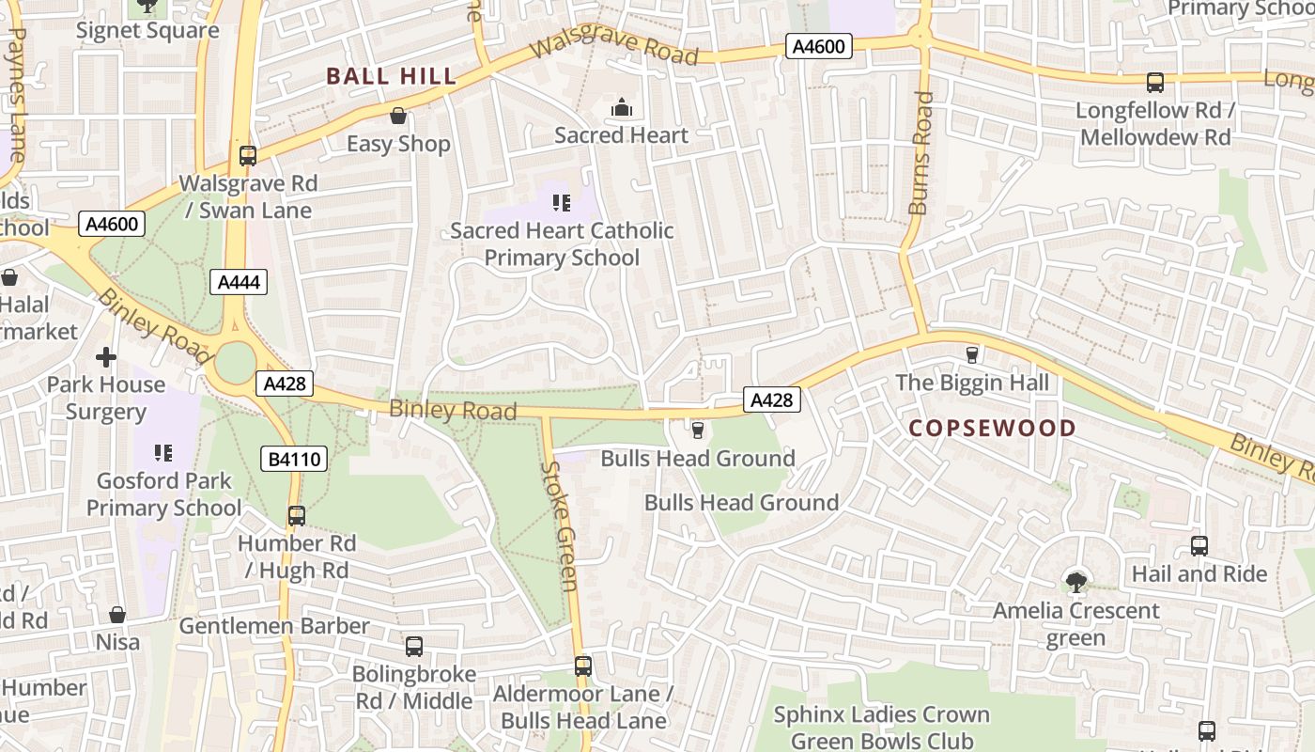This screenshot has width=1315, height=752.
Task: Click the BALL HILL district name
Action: click(x=391, y=76)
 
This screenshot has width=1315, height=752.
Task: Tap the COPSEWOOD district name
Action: click(x=992, y=429)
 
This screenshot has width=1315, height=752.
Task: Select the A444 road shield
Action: click(x=238, y=282)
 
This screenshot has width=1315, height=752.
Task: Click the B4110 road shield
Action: click(x=294, y=459)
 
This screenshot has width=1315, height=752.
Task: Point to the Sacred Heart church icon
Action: click(x=622, y=108)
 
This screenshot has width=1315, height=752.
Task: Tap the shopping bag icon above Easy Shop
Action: click(x=398, y=116)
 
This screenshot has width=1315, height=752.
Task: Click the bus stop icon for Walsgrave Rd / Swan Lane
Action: click(x=248, y=156)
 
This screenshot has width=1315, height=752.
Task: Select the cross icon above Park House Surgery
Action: click(x=106, y=357)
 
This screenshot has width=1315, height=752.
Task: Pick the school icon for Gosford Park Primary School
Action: click(x=163, y=453)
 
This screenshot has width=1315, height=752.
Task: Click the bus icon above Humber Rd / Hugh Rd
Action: click(x=297, y=516)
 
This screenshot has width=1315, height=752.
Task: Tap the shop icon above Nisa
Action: click(x=117, y=615)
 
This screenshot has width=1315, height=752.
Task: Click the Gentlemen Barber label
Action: click(x=274, y=626)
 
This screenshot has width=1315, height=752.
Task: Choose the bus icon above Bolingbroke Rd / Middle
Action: click(x=414, y=647)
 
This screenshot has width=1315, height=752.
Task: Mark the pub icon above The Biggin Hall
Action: click(x=972, y=355)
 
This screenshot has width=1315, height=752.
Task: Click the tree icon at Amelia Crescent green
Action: click(x=1076, y=583)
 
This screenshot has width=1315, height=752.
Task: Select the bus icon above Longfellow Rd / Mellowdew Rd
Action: click(x=1155, y=83)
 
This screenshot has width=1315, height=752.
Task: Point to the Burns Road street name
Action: click(x=921, y=152)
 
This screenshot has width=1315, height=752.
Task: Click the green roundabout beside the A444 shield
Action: click(x=235, y=363)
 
